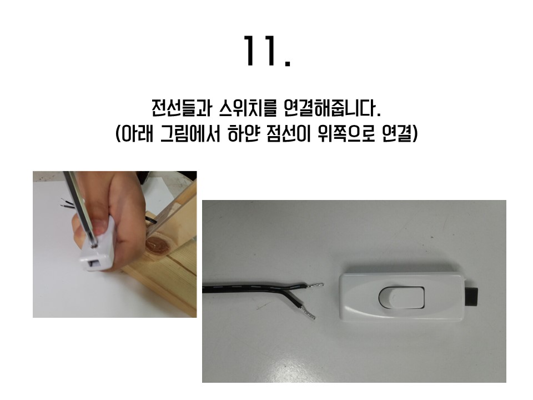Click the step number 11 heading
pyautogui.click(x=267, y=51)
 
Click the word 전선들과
pyautogui.click(x=182, y=108)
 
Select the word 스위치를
pyautogui.click(x=247, y=108)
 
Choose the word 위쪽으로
pyautogui.click(x=346, y=134)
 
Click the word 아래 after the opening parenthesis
pyautogui.click(x=137, y=134)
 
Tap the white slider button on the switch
pyautogui.click(x=401, y=297)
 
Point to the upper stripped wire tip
pyautogui.click(x=315, y=286)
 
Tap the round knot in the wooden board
pyautogui.click(x=157, y=246)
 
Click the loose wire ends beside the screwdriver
pyautogui.click(x=67, y=203)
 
